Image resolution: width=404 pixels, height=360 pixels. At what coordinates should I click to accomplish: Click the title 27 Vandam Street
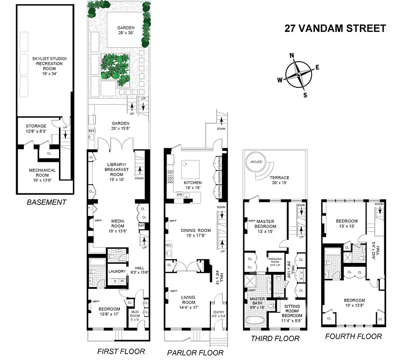[x=335, y=28]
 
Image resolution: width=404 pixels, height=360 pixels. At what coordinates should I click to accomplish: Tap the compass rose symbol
[x=298, y=75]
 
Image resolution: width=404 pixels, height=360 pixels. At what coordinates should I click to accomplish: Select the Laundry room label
[x=117, y=271]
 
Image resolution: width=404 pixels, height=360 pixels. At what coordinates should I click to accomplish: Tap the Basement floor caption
[x=46, y=202]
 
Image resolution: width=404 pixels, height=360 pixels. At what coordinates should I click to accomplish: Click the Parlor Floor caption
[x=195, y=352]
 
